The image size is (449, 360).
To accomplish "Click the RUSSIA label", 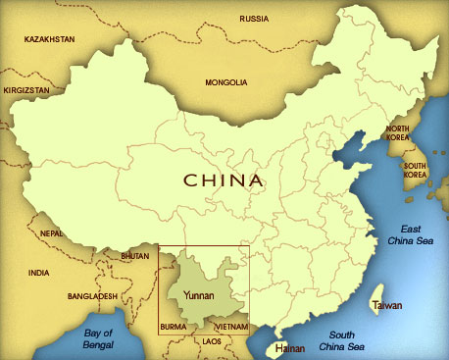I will click(253, 18).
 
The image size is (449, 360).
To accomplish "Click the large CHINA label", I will click(224, 180).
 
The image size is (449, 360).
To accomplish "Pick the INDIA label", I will click(39, 273).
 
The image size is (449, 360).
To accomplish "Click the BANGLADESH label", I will click(93, 295).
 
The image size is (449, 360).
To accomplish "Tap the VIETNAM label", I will click(229, 325).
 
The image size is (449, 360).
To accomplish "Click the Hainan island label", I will click(290, 347).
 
